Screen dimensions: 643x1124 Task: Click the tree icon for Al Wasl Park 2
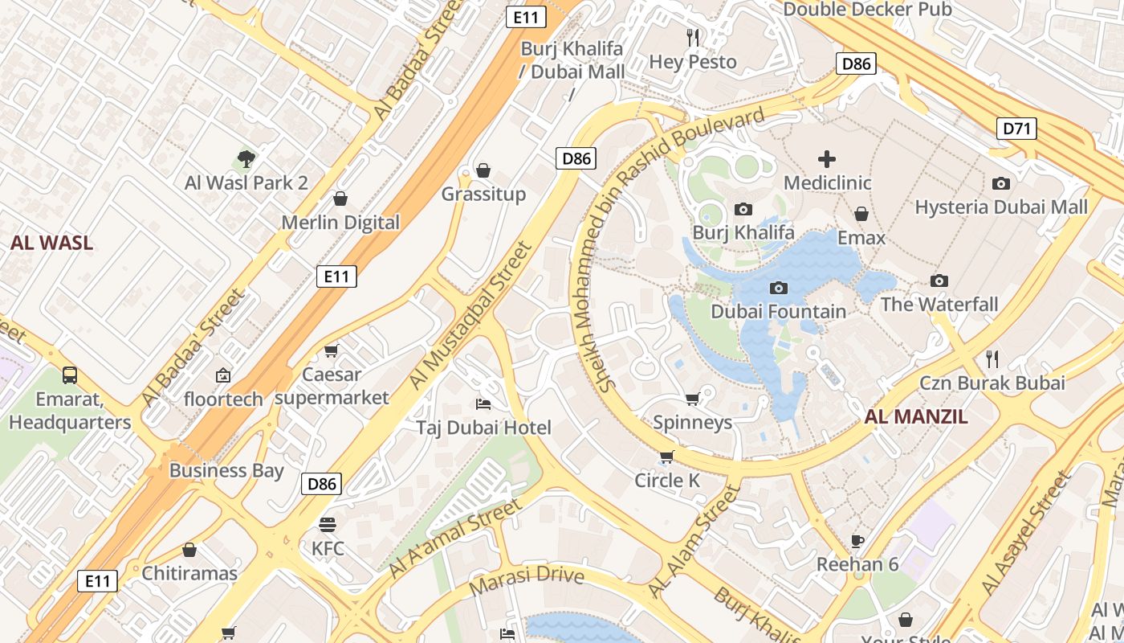(246, 158)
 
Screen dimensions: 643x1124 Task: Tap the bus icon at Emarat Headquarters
(70, 375)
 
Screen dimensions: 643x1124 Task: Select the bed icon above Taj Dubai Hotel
(483, 403)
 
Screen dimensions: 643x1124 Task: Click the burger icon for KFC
(328, 525)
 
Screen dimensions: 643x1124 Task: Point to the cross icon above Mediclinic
(827, 158)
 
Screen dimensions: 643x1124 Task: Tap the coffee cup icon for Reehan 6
(857, 540)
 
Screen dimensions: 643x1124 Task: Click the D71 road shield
(1016, 128)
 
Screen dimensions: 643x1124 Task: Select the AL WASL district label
(52, 243)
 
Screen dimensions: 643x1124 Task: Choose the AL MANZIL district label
(916, 416)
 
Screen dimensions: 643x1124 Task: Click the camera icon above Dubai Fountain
(778, 288)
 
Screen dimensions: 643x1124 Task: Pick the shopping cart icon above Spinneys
(692, 399)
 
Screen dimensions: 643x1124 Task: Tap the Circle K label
(667, 481)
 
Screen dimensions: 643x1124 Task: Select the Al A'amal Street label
(454, 539)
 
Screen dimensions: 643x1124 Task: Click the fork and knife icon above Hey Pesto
(693, 37)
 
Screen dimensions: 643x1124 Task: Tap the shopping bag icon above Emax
(861, 214)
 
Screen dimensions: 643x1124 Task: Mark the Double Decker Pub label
(867, 10)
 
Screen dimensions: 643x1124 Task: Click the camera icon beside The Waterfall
(939, 281)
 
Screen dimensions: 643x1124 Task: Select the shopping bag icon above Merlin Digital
(340, 199)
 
